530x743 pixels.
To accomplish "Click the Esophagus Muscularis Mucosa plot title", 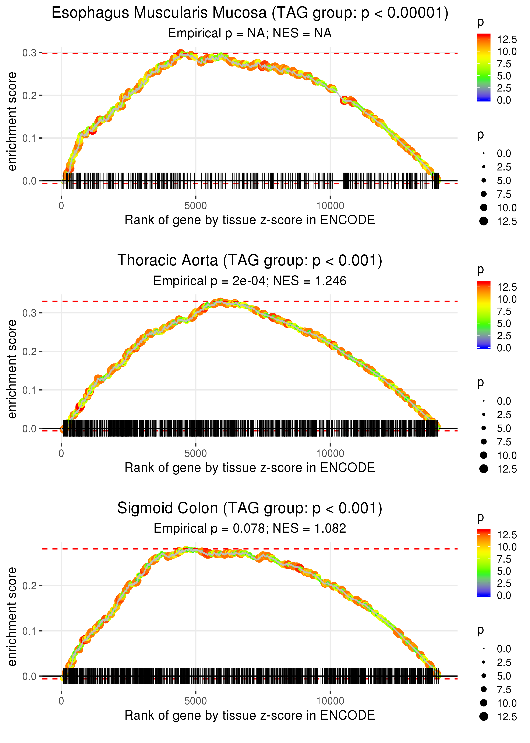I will click(250, 13).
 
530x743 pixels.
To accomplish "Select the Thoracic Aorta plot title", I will click(250, 261).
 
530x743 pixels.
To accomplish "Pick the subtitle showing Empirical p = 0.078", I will click(250, 528).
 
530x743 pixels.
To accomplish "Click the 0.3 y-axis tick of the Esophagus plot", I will click(29, 53).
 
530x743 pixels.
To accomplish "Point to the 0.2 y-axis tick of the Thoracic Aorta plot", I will click(29, 352).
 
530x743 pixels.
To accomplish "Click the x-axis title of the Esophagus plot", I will click(250, 220).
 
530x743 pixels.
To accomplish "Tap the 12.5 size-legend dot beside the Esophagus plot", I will click(484, 221).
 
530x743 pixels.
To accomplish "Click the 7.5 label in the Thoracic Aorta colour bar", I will click(504, 311).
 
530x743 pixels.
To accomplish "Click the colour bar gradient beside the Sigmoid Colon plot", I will click(483, 562).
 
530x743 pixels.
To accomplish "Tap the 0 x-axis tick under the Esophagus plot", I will click(61, 206).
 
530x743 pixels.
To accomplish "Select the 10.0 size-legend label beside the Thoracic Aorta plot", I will click(507, 456).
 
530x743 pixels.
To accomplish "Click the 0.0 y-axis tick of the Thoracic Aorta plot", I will click(29, 429).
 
